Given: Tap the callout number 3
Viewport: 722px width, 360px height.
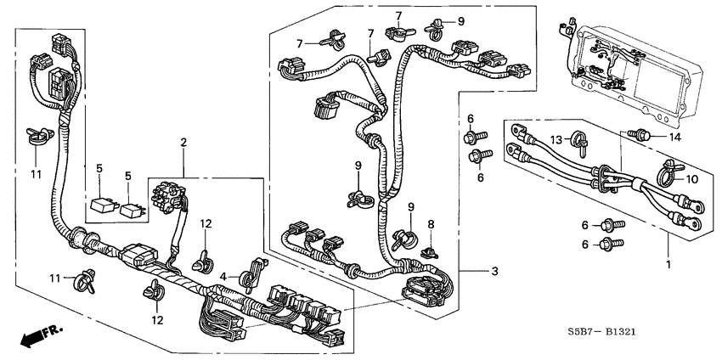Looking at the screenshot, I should (494, 272).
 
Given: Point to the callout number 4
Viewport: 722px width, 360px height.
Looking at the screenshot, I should (223, 276).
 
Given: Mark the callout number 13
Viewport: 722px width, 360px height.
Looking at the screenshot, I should (556, 138).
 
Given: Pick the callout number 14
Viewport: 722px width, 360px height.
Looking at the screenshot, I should (675, 137).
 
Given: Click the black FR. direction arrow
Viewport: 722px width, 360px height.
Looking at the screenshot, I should (33, 338).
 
